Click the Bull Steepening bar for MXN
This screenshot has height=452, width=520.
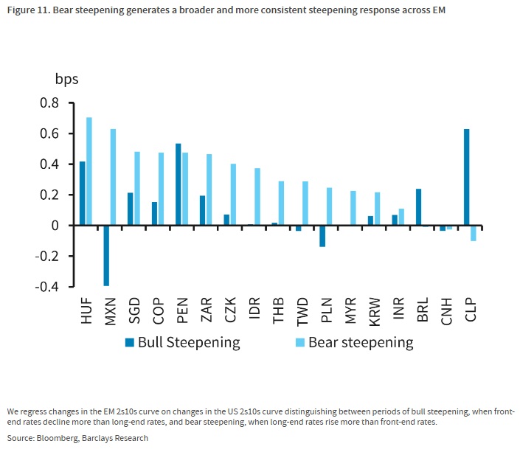pyautogui.click(x=106, y=255)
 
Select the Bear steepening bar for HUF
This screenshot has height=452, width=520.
pyautogui.click(x=89, y=171)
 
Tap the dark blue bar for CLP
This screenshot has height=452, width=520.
pyautogui.click(x=467, y=177)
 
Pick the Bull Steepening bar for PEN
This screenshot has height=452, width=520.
pyautogui.click(x=178, y=184)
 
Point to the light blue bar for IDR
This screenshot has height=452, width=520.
pyautogui.click(x=257, y=197)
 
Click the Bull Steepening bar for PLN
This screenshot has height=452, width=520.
pyautogui.click(x=322, y=236)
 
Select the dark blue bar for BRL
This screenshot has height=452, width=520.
pyautogui.click(x=418, y=207)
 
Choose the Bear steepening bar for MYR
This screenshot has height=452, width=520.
pyautogui.click(x=353, y=208)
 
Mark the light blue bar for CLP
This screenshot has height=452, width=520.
pyautogui.click(x=474, y=233)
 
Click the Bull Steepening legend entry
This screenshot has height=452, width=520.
pyautogui.click(x=182, y=343)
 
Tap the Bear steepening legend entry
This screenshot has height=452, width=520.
pyautogui.click(x=354, y=343)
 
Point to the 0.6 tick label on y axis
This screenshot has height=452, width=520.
pyautogui.click(x=49, y=133)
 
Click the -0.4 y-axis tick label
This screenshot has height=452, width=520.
pyautogui.click(x=46, y=287)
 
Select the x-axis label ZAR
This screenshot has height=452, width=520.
pyautogui.click(x=207, y=310)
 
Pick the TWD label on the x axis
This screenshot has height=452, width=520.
pyautogui.click(x=302, y=312)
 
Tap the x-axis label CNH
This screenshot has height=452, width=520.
pyautogui.click(x=446, y=311)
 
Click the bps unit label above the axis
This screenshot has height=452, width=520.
pyautogui.click(x=66, y=80)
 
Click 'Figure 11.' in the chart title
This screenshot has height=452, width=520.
pyautogui.click(x=29, y=10)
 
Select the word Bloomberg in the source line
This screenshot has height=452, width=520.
pyautogui.click(x=58, y=439)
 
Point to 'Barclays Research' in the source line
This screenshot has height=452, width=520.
pyautogui.click(x=115, y=438)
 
